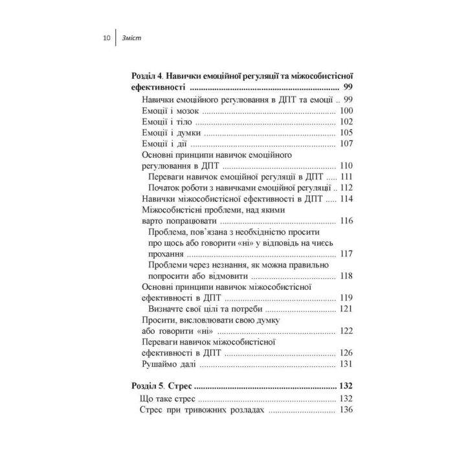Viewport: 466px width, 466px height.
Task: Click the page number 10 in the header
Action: (x=107, y=39)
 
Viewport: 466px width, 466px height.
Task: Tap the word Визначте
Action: (x=169, y=309)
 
